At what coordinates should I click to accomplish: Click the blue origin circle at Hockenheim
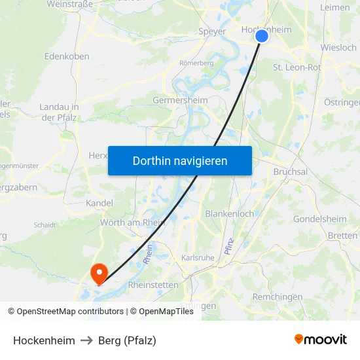coord(262,36)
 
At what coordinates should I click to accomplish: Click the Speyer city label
coord(211,31)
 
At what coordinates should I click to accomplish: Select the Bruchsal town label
coord(290,171)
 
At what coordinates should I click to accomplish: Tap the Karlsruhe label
coord(198,258)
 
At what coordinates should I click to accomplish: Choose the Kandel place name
coord(99,203)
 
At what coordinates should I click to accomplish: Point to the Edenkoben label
coord(67,56)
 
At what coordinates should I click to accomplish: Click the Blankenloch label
coord(229,214)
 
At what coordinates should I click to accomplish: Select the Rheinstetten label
coord(153,285)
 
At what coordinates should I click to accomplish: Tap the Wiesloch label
coord(339,48)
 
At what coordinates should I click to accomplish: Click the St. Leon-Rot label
coord(297,67)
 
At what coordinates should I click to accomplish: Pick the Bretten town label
coord(343,236)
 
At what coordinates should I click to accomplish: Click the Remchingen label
coord(278,297)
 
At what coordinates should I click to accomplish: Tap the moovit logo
coord(320,339)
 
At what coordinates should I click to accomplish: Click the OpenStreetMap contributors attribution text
coord(66,312)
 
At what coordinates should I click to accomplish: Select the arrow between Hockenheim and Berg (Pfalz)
coord(85,340)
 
